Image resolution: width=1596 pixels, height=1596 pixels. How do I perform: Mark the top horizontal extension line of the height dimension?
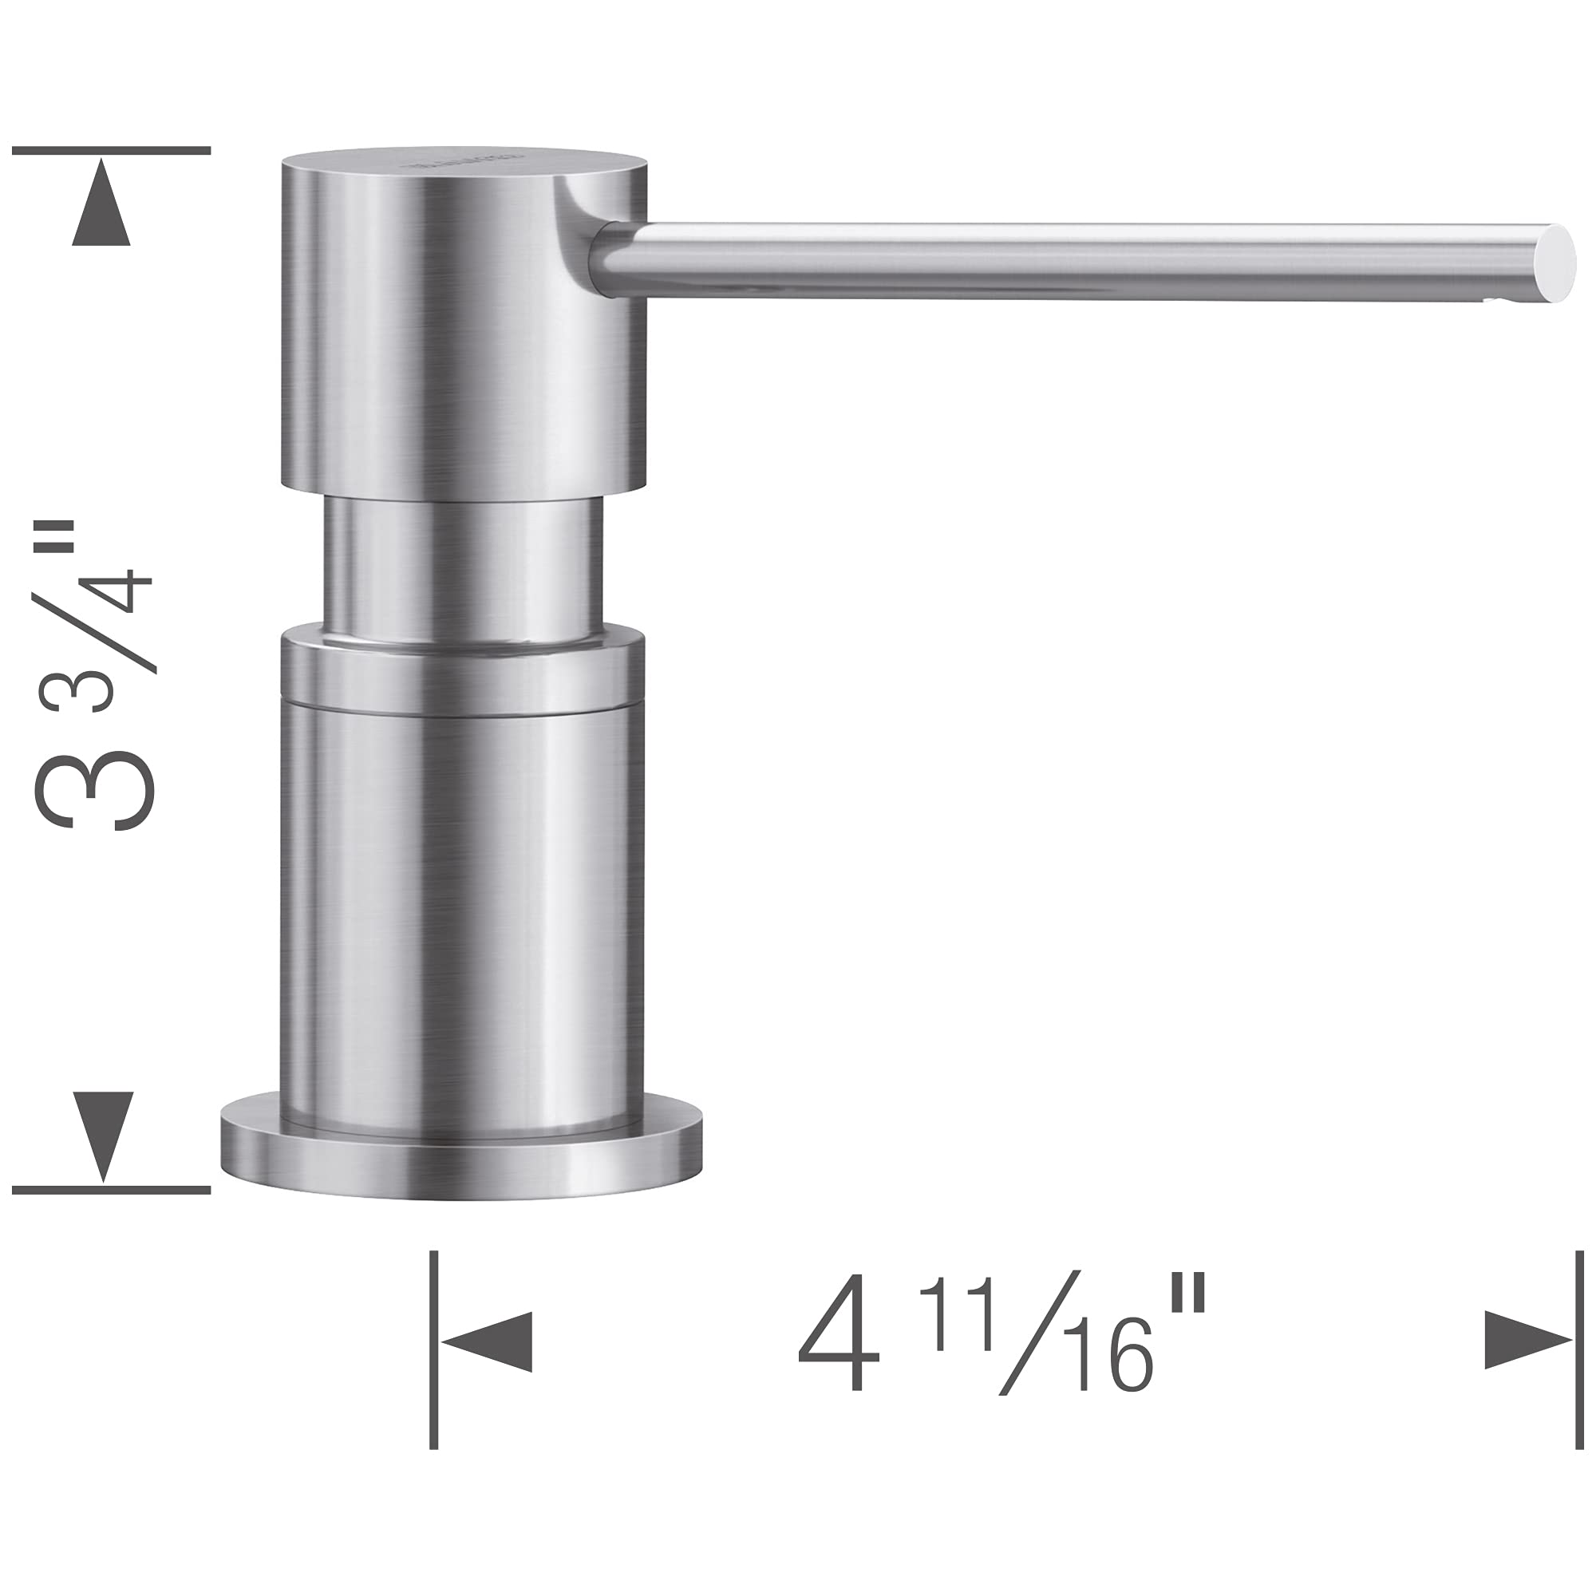pos(112,150)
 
